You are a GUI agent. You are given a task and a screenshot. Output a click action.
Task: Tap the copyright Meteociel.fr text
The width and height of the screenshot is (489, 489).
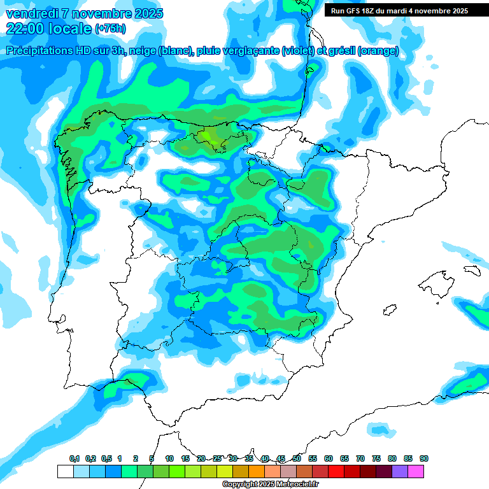(271, 485)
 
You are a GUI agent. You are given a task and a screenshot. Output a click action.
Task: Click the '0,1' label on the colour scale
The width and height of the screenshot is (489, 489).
(74, 458)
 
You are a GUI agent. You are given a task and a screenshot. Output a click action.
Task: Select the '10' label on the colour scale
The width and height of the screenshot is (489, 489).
(169, 458)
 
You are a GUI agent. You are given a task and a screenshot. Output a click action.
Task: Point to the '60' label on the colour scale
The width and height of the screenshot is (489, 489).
(329, 458)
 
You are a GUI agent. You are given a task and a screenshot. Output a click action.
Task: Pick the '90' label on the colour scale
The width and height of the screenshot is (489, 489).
(424, 458)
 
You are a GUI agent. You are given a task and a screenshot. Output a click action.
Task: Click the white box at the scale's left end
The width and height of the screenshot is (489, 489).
(65, 471)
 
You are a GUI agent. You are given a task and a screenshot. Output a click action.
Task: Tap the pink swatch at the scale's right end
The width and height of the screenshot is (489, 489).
(416, 471)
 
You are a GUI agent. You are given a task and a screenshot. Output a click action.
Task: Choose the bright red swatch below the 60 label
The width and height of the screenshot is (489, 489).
(336, 471)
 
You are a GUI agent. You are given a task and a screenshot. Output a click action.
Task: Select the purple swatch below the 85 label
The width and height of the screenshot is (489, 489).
(400, 471)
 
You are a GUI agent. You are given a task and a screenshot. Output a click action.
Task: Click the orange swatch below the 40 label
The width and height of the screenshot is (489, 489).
(256, 471)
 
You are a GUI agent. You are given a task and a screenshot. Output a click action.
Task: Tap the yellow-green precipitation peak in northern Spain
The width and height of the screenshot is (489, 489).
(207, 136)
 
